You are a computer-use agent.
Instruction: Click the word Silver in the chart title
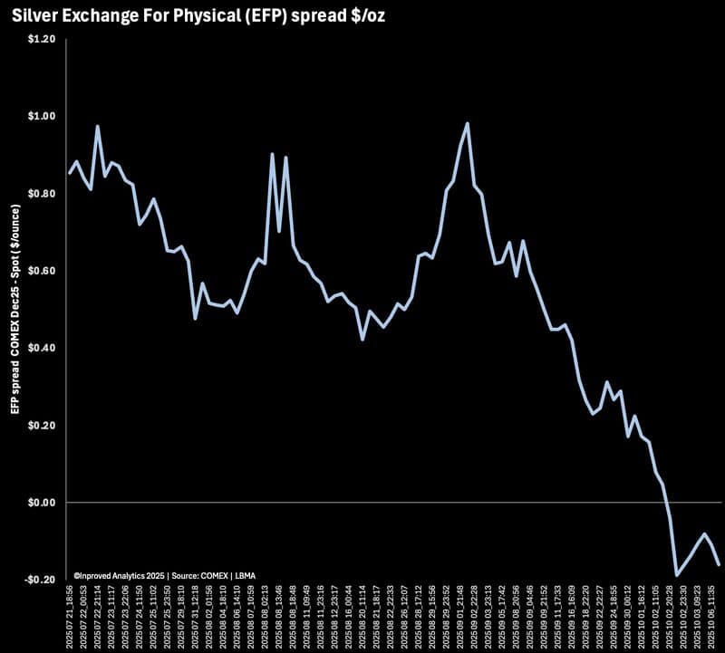(x=35, y=15)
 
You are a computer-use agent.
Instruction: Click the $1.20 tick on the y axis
(x=43, y=40)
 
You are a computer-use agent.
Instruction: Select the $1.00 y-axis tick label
(x=43, y=117)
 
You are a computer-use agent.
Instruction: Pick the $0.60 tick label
(x=43, y=272)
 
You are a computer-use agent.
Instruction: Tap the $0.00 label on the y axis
(x=43, y=503)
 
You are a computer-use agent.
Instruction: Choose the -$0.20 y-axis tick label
(x=41, y=580)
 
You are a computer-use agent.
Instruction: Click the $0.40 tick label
(x=43, y=349)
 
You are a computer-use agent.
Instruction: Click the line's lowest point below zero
(x=676, y=574)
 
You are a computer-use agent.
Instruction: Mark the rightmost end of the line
(x=719, y=564)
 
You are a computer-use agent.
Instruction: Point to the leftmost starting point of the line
(x=70, y=172)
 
